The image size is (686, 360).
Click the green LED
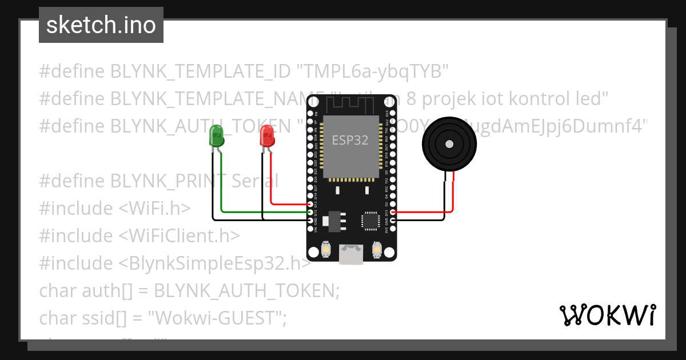(216, 136)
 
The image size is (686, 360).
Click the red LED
(266, 136)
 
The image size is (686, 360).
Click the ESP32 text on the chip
(350, 139)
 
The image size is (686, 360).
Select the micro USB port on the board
(350, 254)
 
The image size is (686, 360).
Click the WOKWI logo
(607, 315)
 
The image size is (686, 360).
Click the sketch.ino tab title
(101, 25)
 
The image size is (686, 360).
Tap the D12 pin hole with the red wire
(310, 204)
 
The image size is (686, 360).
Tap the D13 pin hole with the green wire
(310, 212)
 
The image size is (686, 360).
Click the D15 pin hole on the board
(392, 212)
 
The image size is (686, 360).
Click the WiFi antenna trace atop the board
(350, 104)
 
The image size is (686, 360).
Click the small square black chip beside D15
(370, 220)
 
